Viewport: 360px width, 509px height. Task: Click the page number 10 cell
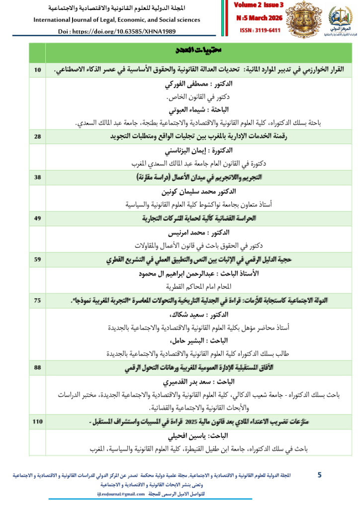37,70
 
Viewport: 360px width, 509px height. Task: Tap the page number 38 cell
37,177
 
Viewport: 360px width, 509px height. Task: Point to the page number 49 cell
37,218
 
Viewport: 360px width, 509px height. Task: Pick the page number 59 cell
37,259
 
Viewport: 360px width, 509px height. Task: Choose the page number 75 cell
37,301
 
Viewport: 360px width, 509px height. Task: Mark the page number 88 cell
37,368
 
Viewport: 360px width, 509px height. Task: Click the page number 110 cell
37,422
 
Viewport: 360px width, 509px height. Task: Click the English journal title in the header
117,20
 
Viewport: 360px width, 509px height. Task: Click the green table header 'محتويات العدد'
199,52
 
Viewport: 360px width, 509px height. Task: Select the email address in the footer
121,494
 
